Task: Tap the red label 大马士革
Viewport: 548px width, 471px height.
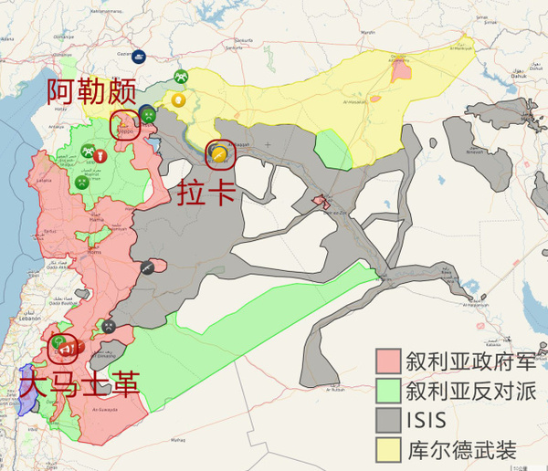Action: pos(79,382)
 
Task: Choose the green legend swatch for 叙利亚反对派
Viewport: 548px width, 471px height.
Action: pos(390,391)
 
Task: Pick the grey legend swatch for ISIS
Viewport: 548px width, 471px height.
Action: pos(390,420)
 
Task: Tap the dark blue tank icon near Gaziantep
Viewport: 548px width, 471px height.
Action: pos(139,56)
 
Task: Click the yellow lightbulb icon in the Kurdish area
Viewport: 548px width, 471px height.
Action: pos(178,99)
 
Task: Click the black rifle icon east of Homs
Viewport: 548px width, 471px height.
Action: pos(145,268)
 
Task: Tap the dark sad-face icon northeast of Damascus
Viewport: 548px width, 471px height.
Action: pos(109,326)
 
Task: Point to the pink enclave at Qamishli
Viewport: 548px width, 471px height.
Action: pos(399,71)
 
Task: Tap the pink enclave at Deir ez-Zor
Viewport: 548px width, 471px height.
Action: pos(321,202)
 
